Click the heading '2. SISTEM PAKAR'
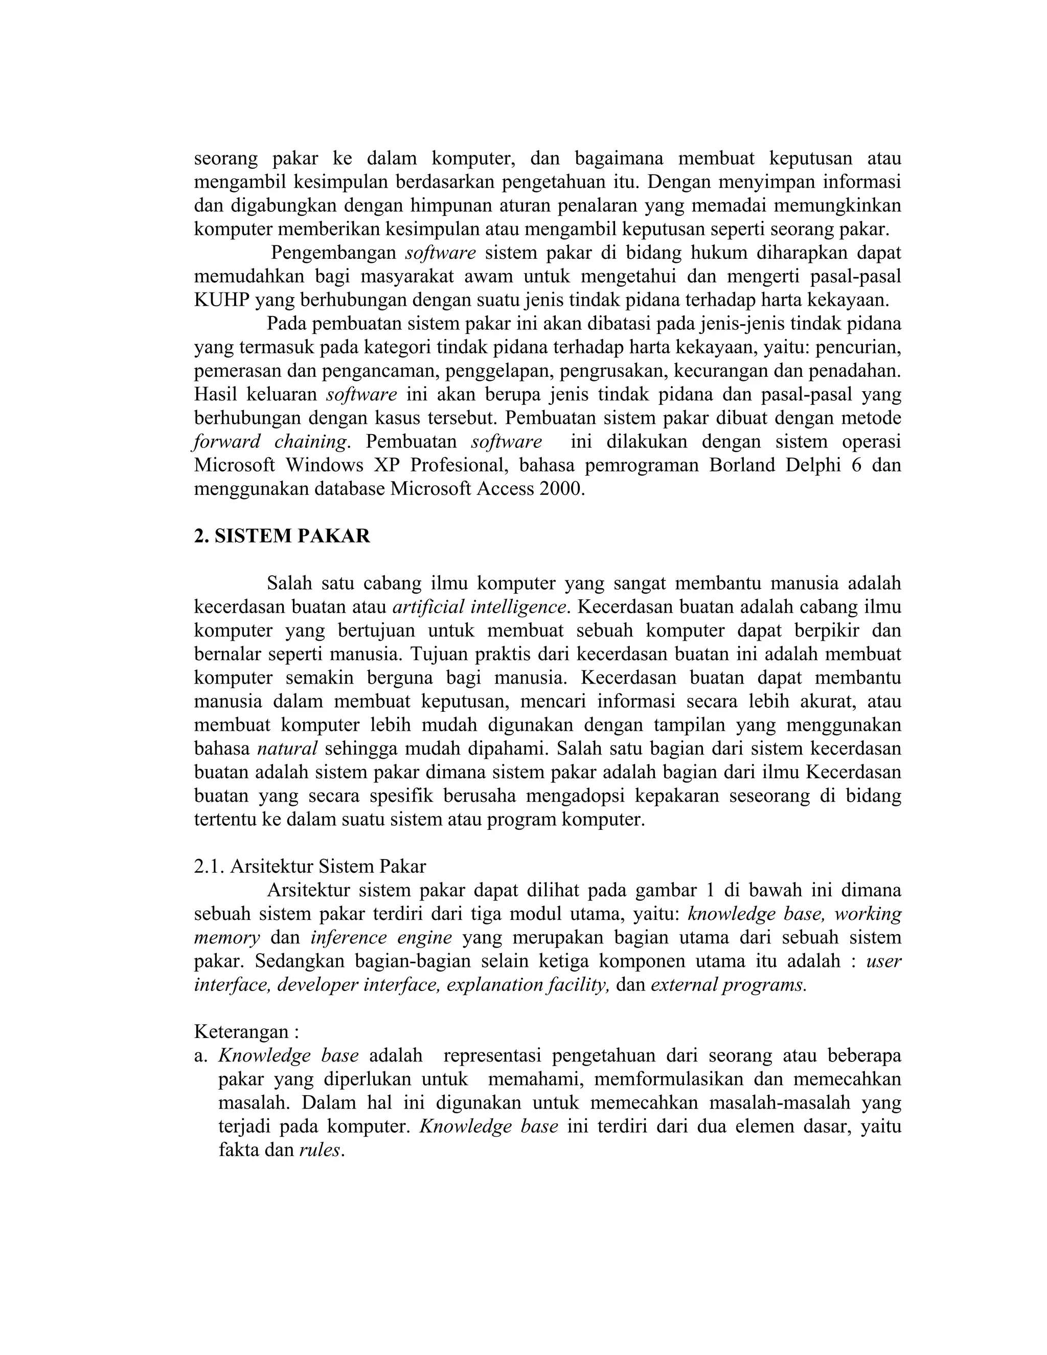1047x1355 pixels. point(282,536)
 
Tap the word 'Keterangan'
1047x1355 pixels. point(241,1031)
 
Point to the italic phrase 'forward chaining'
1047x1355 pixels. point(270,442)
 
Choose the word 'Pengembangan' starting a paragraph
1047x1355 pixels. point(334,253)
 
